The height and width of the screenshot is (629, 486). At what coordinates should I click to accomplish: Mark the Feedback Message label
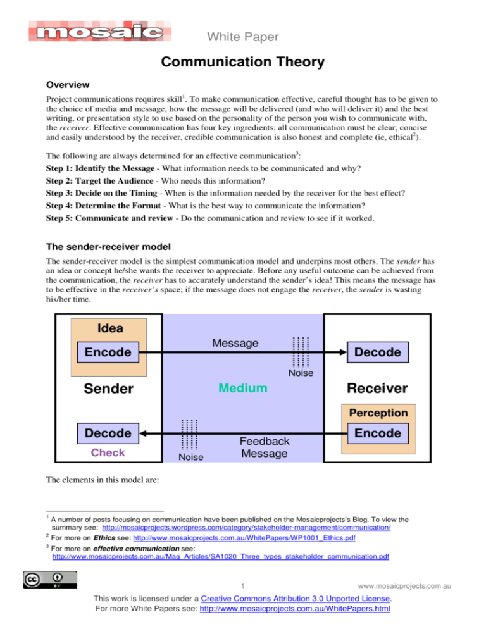pyautogui.click(x=265, y=447)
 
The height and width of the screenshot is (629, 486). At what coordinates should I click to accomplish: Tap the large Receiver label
pyautogui.click(x=377, y=387)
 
